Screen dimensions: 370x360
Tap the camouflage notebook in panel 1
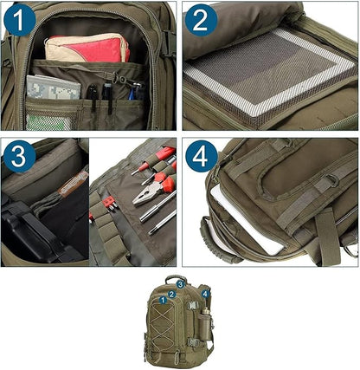(42, 88)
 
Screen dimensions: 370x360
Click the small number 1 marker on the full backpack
(163, 300)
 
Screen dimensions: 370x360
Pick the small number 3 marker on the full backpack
(180, 283)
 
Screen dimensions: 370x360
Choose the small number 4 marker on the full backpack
(205, 295)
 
